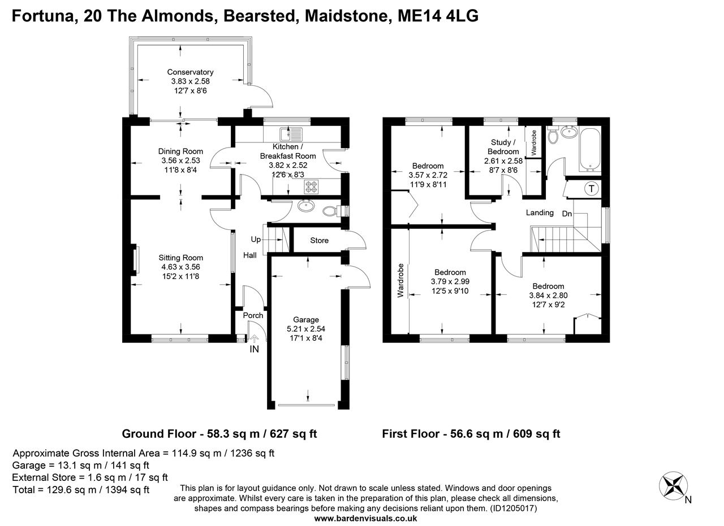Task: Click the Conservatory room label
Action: (x=190, y=72)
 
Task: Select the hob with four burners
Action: (x=312, y=186)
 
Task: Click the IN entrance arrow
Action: (x=254, y=339)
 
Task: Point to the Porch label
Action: (x=253, y=315)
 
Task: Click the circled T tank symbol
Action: (x=592, y=189)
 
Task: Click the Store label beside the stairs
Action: (x=319, y=241)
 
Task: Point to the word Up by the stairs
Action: (x=256, y=240)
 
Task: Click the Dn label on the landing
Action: (x=567, y=214)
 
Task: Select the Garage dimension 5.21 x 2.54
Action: (x=305, y=329)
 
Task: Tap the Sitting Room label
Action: (x=180, y=258)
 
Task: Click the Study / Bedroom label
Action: (x=503, y=147)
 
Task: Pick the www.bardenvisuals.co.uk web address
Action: (x=365, y=518)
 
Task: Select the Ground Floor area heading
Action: (x=219, y=434)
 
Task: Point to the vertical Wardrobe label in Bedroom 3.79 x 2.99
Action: (x=400, y=280)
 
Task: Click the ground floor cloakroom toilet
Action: (x=329, y=211)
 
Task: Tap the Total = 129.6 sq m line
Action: (x=81, y=490)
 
